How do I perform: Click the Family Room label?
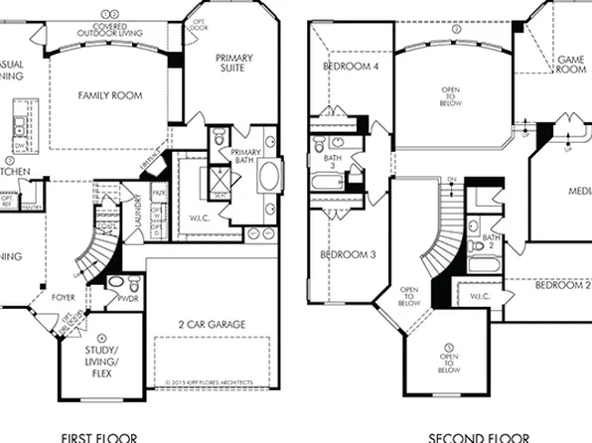pos(110,96)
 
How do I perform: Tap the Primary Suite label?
pos(234,64)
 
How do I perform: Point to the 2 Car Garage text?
pos(212,325)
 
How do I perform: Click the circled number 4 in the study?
pos(102,339)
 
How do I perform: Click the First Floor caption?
pos(98,436)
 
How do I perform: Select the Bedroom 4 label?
pos(351,67)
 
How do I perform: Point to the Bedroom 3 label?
pos(347,255)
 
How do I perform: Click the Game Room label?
pos(571,66)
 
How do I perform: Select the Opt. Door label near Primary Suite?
pos(198,25)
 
